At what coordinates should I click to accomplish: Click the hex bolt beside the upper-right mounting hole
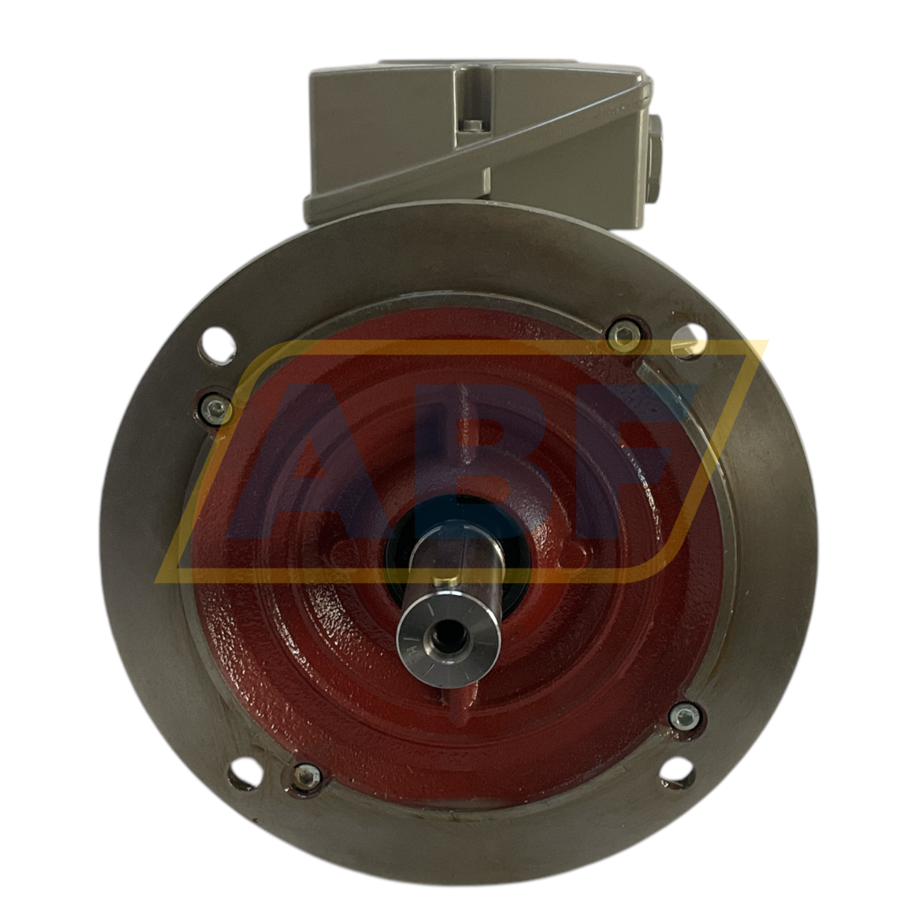[x=624, y=333]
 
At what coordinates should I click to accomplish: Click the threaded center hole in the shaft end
[x=450, y=640]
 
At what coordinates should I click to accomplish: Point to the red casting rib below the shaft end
[x=462, y=696]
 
